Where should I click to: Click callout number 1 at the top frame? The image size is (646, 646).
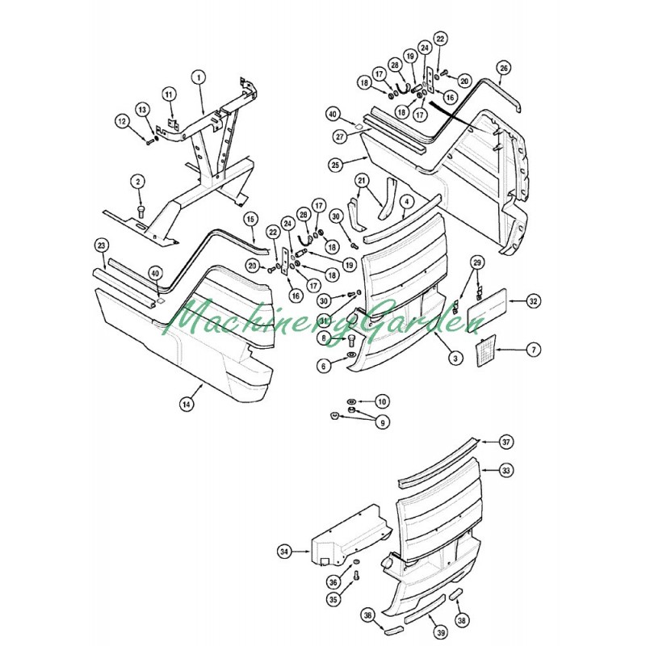tap(198, 78)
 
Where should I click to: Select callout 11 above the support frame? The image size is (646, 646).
tap(170, 94)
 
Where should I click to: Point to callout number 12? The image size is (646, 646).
tap(123, 121)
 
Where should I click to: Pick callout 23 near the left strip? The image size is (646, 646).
tap(101, 245)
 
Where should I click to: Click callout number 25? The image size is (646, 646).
tap(336, 164)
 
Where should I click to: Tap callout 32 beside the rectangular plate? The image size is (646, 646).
tap(533, 301)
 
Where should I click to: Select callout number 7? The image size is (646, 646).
tap(534, 350)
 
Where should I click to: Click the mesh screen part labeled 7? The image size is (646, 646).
tap(487, 352)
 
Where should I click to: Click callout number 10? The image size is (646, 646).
tap(382, 401)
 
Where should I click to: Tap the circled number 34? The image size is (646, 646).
tap(284, 552)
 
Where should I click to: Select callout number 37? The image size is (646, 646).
tap(506, 443)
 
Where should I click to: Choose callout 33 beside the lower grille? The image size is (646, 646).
tap(506, 469)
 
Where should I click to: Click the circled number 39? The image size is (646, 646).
tap(441, 632)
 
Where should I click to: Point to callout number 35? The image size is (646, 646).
tap(333, 600)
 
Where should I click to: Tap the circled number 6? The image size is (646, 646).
tap(325, 366)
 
